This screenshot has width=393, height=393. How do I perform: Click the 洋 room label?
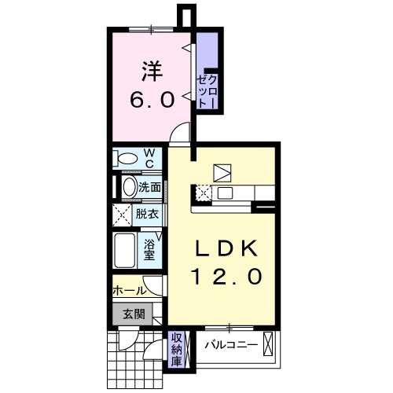(151, 72)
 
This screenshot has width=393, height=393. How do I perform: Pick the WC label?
(149, 158)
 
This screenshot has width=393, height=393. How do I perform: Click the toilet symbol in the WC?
(124, 158)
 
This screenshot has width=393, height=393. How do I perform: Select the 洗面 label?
(149, 187)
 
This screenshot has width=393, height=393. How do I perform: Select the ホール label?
(128, 290)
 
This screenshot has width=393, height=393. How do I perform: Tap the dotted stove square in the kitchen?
(203, 193)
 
